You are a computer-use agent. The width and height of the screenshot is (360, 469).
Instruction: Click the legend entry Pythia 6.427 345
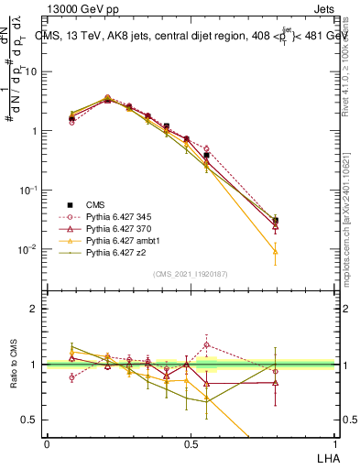pyautogui.click(x=114, y=216)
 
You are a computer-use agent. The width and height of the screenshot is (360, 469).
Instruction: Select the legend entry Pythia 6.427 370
pyautogui.click(x=114, y=228)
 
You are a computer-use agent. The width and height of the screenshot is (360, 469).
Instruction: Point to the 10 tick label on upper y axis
pyautogui.click(x=31, y=71)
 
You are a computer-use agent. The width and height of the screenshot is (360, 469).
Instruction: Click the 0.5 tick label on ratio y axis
pyautogui.click(x=31, y=420)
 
